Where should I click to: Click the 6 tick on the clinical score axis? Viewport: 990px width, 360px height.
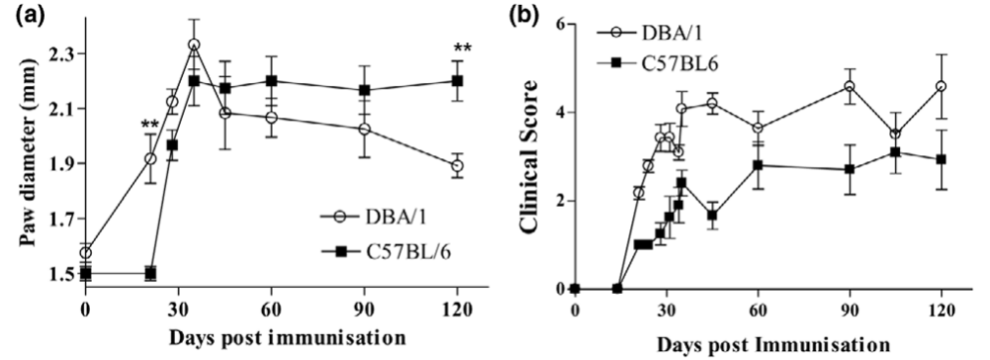coord(561,23)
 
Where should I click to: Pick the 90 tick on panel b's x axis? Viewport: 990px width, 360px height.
coord(850,308)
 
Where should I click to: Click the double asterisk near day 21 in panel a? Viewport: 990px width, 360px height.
coord(150,125)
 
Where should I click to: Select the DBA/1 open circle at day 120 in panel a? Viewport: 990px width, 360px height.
coord(456,165)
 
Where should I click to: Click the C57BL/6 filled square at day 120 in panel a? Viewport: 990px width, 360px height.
coord(456,80)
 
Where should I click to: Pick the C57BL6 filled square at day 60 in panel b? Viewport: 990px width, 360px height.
coord(758,165)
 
